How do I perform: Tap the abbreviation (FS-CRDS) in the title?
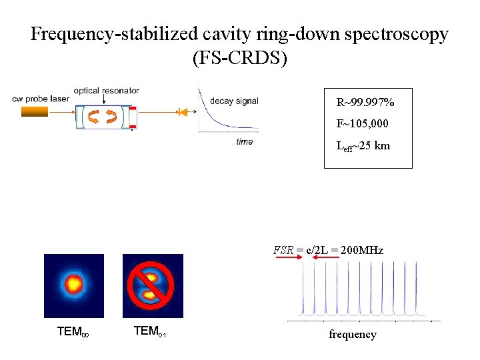point(239,59)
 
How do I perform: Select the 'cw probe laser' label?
point(41,99)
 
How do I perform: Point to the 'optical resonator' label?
point(106,91)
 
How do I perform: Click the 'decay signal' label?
point(234,101)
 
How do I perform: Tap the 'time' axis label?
point(244,141)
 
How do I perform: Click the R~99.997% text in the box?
point(365,103)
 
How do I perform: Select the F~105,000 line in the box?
point(363,124)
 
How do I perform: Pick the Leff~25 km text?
point(363,145)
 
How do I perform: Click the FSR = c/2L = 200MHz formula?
point(328,251)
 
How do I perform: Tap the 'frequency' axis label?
point(352,334)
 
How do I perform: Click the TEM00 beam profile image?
point(74,285)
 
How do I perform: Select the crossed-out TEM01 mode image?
point(153,285)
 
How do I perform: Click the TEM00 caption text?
point(73,331)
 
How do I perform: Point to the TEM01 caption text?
point(150,331)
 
